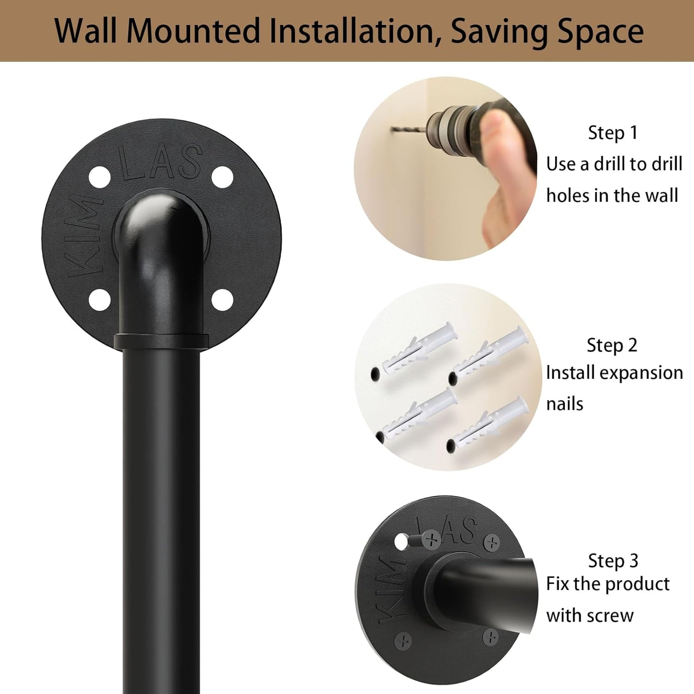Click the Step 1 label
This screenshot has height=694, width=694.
pos(613,133)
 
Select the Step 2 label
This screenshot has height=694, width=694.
pos(612,345)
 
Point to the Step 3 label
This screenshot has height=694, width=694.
pos(613,561)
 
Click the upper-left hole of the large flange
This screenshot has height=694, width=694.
pos(100,177)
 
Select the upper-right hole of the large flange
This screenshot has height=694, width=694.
pos(222,177)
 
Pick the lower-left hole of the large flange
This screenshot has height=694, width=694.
pos(100,300)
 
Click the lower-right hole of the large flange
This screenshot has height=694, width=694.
pos(222,300)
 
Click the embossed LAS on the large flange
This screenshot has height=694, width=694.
pos(161,161)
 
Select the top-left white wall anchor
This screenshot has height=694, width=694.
pos(418,349)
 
